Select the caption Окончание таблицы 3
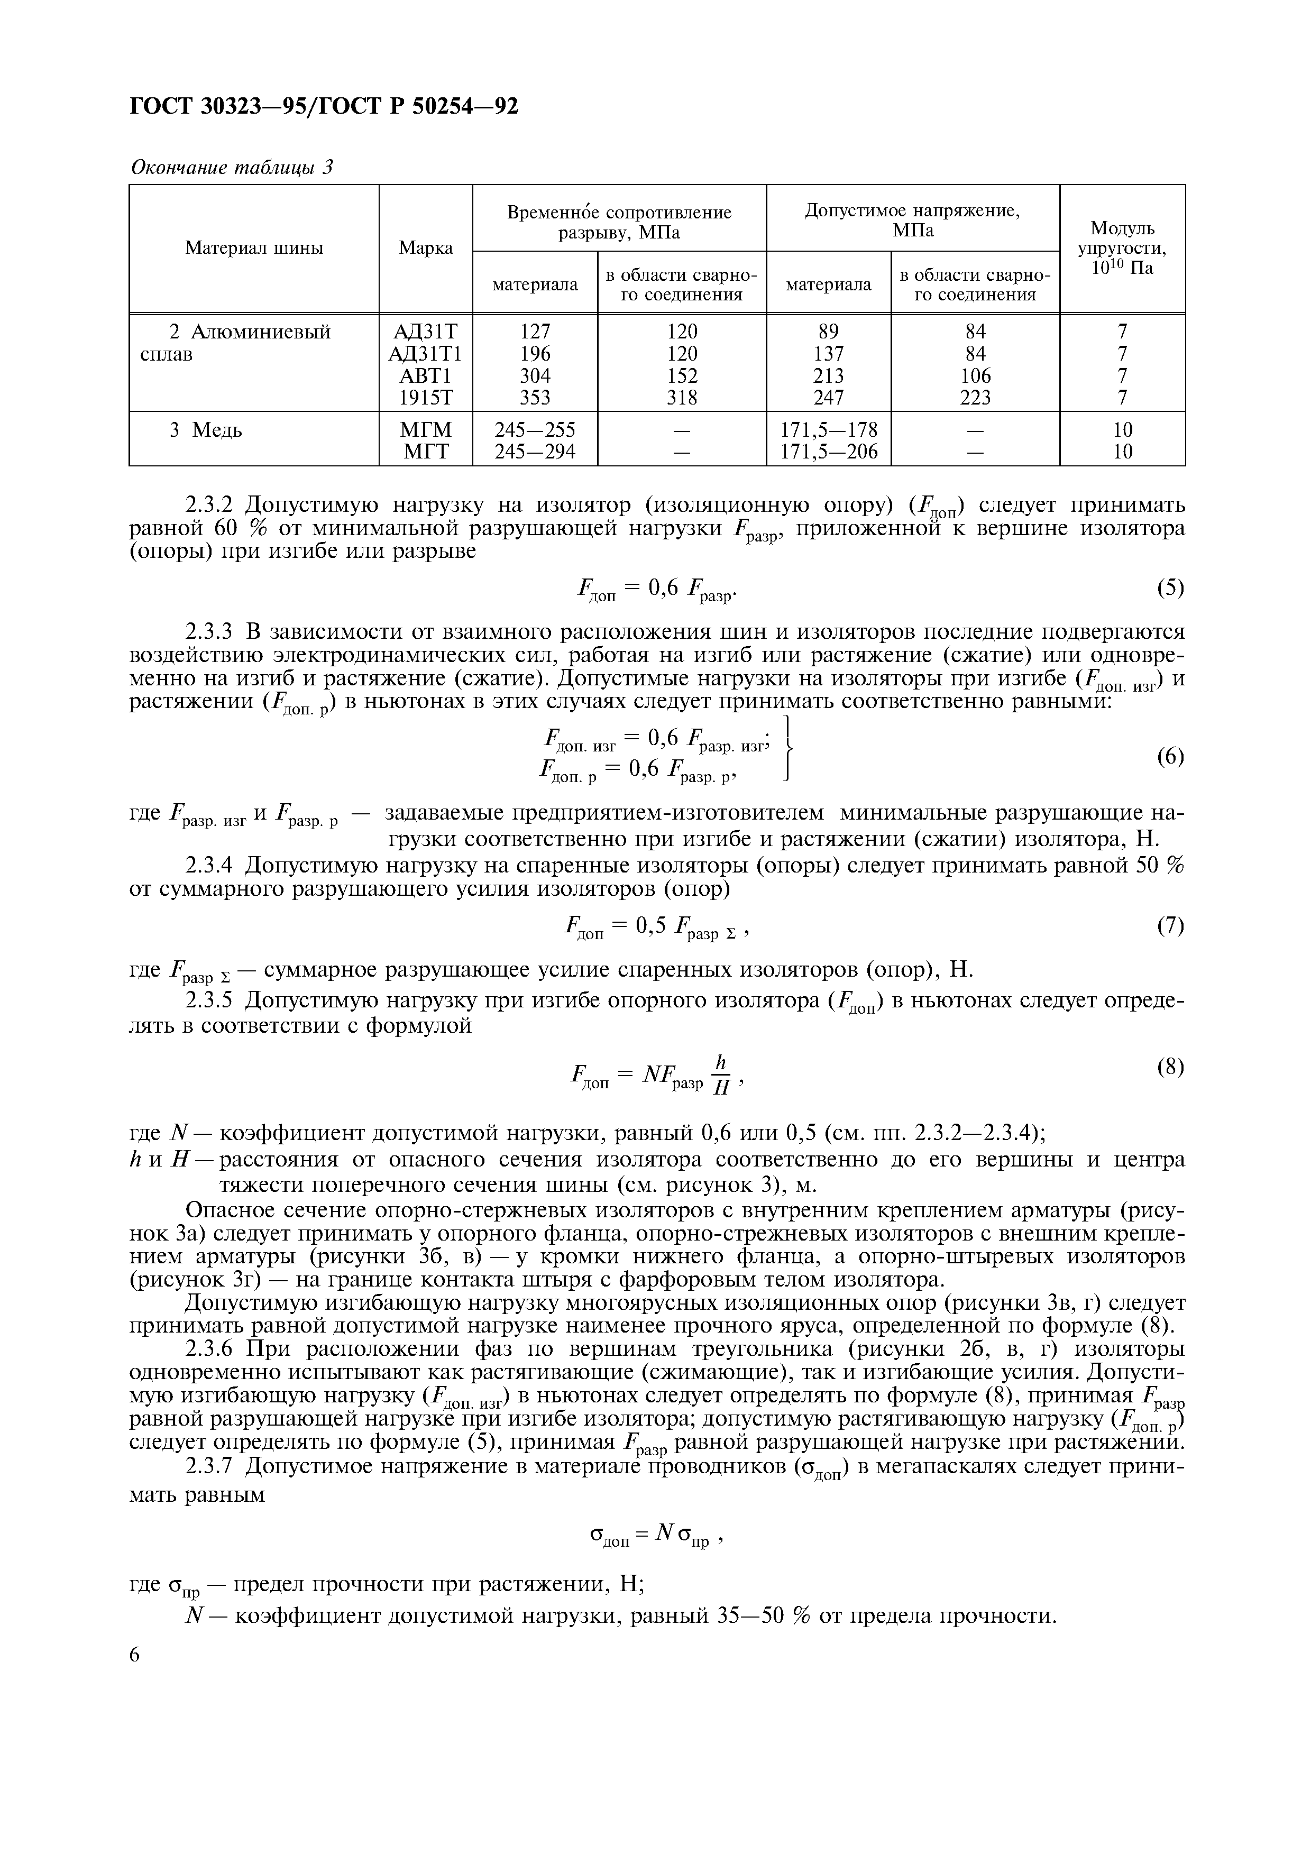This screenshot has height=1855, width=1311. pos(232,168)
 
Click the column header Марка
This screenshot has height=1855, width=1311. pos(426,248)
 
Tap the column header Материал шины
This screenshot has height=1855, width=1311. pos(254,248)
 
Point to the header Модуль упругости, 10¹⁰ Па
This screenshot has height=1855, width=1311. pos(1122,248)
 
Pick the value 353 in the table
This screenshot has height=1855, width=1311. pos(535,398)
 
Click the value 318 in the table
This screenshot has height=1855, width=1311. pos(682,398)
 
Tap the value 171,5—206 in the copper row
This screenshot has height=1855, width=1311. pos(829,452)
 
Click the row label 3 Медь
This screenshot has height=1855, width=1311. pos(205,430)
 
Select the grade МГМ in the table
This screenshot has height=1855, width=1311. pos(426,430)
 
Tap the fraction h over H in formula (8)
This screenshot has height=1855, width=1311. pos(721,1076)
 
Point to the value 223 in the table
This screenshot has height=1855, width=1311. pos(975,398)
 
